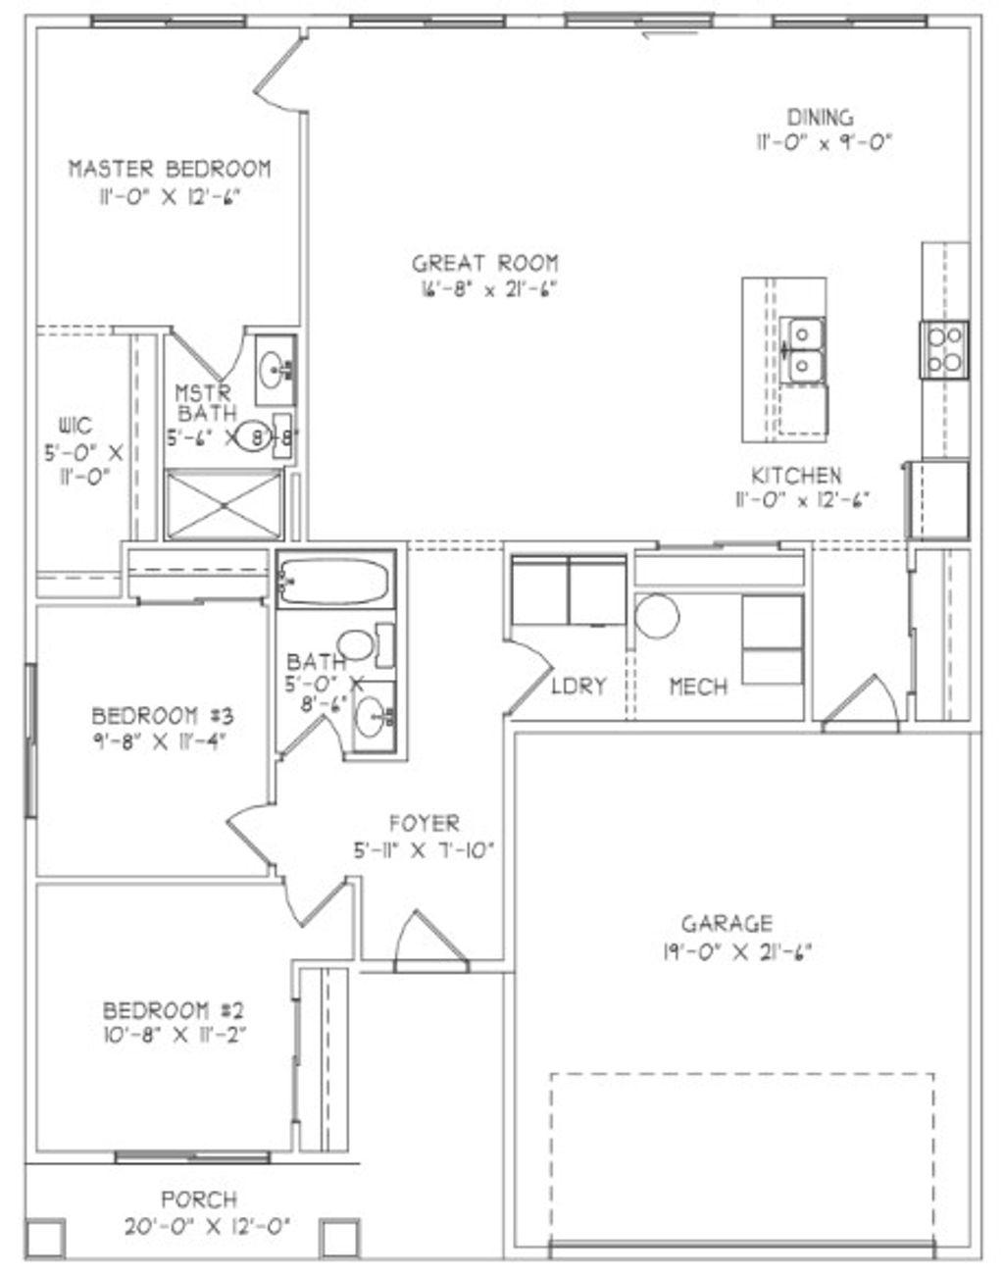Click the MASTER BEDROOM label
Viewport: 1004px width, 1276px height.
click(x=169, y=168)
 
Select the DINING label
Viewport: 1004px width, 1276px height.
click(x=820, y=118)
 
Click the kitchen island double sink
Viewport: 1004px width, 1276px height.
click(x=803, y=350)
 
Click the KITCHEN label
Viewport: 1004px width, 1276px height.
click(x=795, y=476)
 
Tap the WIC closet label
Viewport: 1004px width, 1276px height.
click(x=75, y=426)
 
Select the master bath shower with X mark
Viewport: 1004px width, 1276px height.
click(x=224, y=504)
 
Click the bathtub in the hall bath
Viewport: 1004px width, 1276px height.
click(x=334, y=582)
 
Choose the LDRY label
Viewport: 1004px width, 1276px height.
click(x=578, y=686)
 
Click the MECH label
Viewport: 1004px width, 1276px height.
click(x=698, y=686)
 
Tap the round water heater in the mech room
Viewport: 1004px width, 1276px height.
click(x=657, y=617)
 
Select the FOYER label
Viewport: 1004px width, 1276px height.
click(x=424, y=823)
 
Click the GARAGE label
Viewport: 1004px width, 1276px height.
click(x=727, y=923)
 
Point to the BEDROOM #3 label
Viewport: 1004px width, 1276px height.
click(x=162, y=714)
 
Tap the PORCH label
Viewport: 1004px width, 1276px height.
click(x=199, y=1199)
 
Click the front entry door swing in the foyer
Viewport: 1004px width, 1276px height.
click(x=415, y=941)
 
